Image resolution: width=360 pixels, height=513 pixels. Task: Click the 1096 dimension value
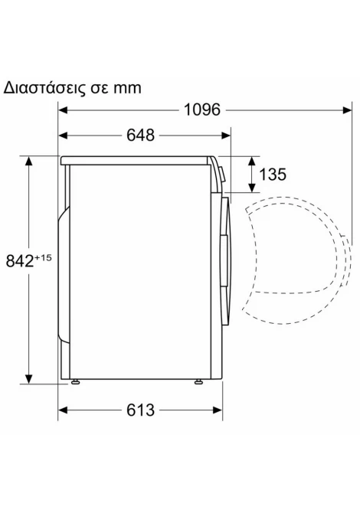tap(202, 109)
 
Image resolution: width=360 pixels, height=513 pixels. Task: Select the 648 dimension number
tap(140, 135)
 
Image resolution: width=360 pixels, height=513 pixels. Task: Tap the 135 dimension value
tap(272, 174)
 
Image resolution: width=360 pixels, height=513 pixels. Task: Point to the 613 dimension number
tap(140, 410)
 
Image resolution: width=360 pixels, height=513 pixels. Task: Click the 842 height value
tap(20, 261)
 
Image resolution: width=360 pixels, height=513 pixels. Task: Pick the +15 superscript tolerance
tap(43, 258)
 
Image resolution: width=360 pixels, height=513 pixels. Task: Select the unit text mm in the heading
tap(127, 89)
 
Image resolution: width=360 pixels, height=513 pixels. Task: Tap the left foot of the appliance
tap(76, 381)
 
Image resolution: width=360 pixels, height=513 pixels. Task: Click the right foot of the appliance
tap(198, 381)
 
